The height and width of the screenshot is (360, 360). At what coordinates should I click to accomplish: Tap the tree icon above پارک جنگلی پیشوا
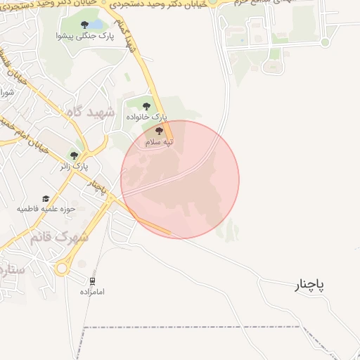tap(85, 25)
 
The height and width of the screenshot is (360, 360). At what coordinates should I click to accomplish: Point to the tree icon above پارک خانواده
tap(146, 106)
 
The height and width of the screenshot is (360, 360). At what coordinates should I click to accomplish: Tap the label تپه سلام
tap(160, 142)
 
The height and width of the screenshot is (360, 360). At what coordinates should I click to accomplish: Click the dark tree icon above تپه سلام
tap(160, 131)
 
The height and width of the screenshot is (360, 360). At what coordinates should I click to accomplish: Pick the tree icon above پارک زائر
tap(74, 155)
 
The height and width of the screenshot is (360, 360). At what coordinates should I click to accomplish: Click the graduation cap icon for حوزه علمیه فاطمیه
tap(46, 199)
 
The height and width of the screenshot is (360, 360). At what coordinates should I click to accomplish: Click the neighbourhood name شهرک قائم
tap(59, 237)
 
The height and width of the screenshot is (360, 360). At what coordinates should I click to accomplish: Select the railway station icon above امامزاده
tap(92, 281)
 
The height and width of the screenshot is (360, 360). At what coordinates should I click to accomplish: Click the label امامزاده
tap(92, 291)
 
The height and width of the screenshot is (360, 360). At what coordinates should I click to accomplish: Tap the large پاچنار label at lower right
tap(309, 284)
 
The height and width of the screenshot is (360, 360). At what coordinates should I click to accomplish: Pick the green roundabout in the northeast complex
tap(325, 42)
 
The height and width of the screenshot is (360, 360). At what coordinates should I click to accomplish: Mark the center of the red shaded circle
tap(180, 179)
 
